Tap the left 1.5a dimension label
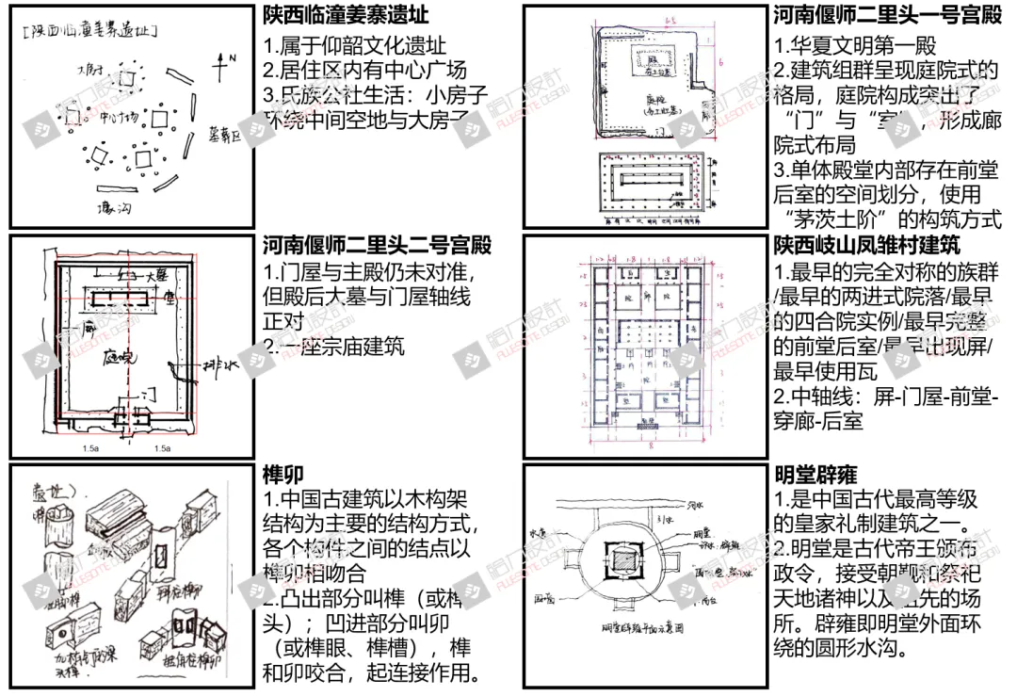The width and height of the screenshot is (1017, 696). (91, 448)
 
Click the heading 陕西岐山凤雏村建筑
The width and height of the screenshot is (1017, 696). (866, 246)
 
